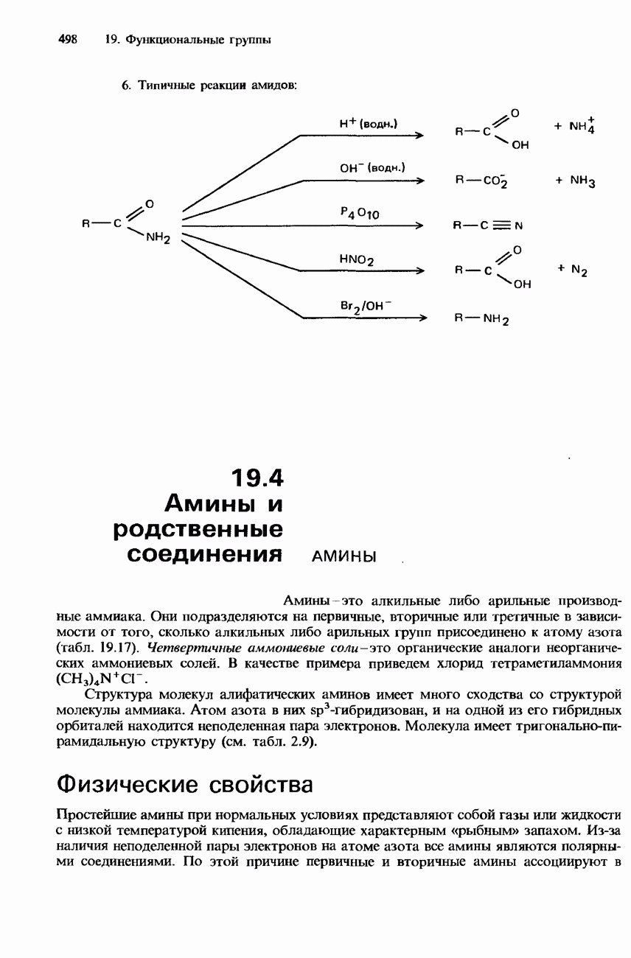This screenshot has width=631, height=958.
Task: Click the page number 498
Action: pyautogui.click(x=68, y=40)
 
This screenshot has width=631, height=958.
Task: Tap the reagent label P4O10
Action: pyautogui.click(x=359, y=214)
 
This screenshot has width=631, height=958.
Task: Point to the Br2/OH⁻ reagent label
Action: pyautogui.click(x=357, y=304)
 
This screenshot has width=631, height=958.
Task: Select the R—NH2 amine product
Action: pyautogui.click(x=481, y=320)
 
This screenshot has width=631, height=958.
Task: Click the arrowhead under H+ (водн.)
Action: pyautogui.click(x=420, y=136)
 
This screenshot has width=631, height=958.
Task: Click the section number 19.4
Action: pyautogui.click(x=257, y=479)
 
